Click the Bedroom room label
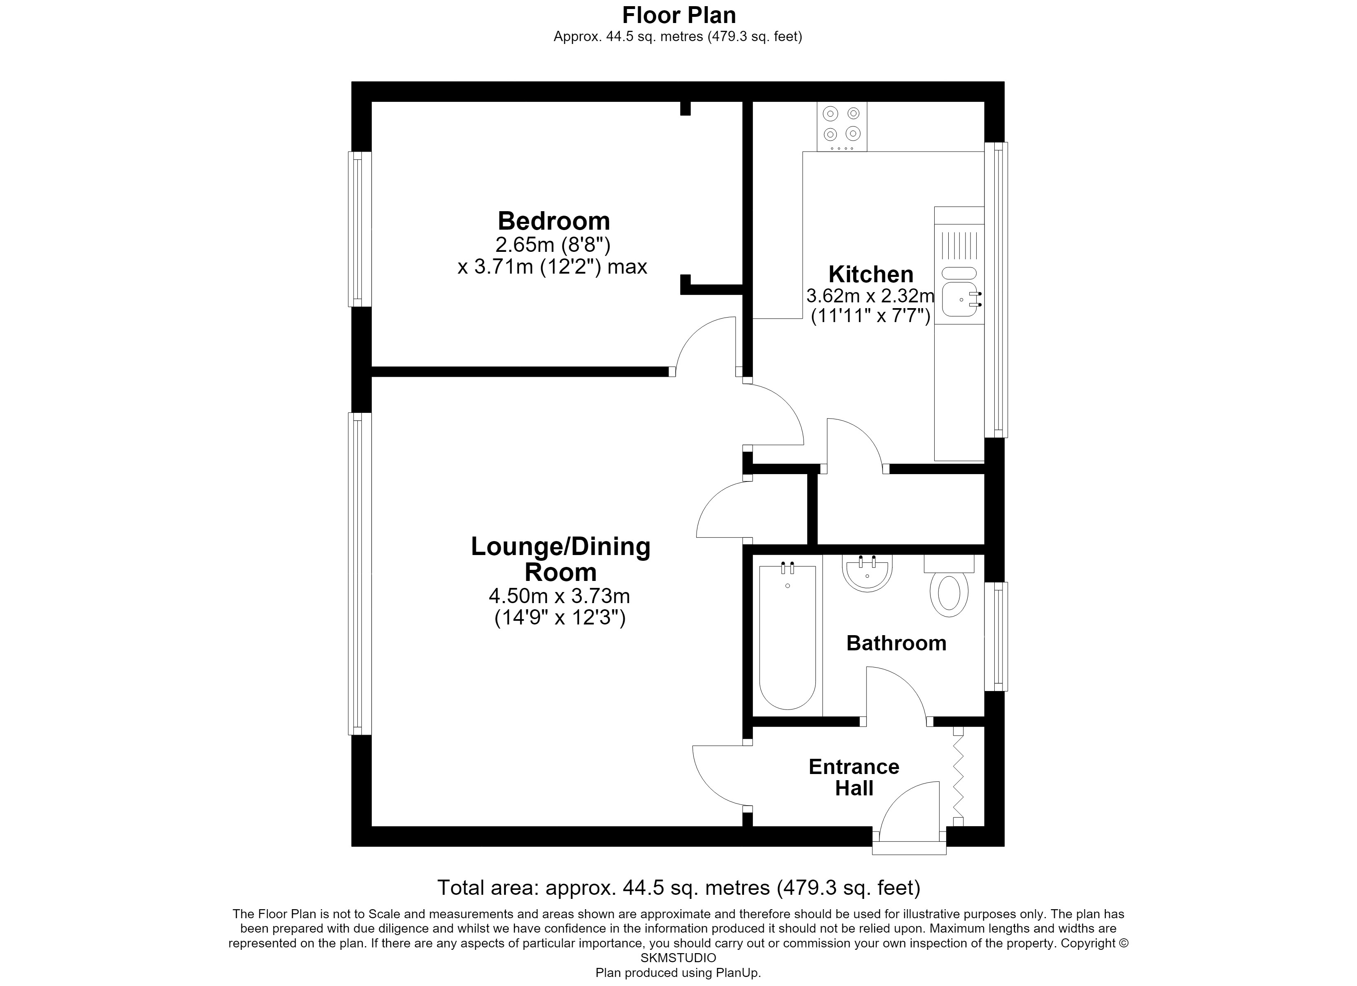coord(553,221)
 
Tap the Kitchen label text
coord(871,274)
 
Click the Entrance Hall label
coord(854,777)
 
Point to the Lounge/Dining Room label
coord(560,559)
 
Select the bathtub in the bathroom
coord(787,637)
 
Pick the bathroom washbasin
coord(867,573)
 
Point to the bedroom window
coord(359,229)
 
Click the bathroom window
coord(996,636)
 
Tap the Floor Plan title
coord(679,14)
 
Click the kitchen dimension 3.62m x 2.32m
coord(870,296)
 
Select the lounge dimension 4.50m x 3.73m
coord(559,596)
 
